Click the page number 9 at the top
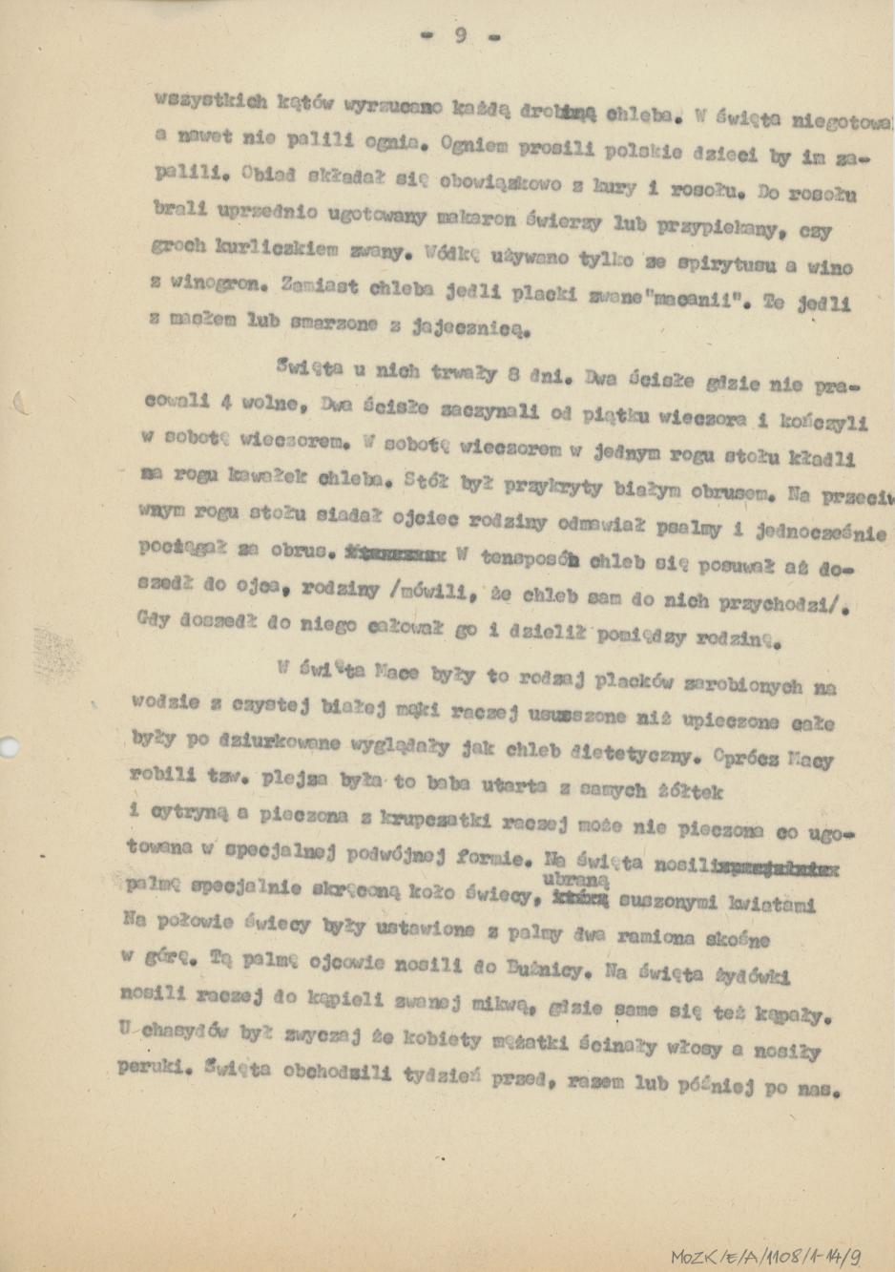coord(460,36)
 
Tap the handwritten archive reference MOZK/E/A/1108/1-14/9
coord(767,1256)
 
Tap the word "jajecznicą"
coord(467,329)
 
